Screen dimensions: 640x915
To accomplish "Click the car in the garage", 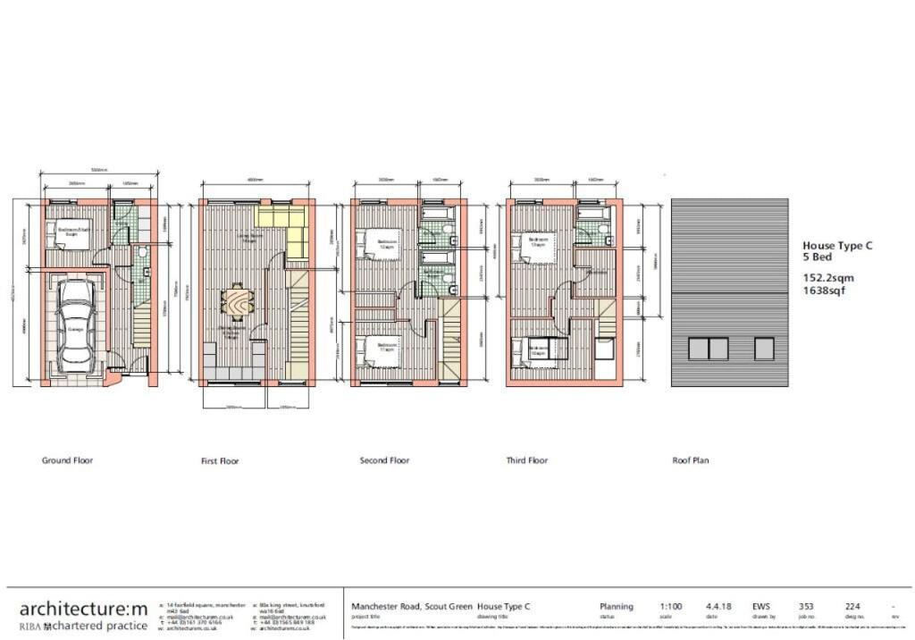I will [76, 326].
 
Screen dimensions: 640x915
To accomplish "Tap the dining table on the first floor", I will [237, 302].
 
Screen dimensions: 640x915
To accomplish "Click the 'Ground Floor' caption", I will [67, 460].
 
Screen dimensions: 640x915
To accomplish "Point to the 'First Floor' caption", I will [221, 461].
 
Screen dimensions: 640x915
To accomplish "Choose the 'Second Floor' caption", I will [384, 460].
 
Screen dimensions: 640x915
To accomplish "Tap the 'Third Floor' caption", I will [526, 460].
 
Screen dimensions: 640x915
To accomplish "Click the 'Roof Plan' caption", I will [690, 460].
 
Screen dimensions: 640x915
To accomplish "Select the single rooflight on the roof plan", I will [764, 349].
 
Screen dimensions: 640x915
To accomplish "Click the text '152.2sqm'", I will [827, 278].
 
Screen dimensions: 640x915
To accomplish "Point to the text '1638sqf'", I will [824, 291].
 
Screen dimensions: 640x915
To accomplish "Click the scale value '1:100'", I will [671, 606].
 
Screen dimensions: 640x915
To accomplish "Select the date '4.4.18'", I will [718, 606].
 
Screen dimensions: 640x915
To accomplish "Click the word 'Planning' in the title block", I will [617, 606].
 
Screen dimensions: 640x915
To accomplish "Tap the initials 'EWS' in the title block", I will [761, 606].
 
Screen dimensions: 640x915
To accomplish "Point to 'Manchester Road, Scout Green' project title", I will [411, 606].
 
